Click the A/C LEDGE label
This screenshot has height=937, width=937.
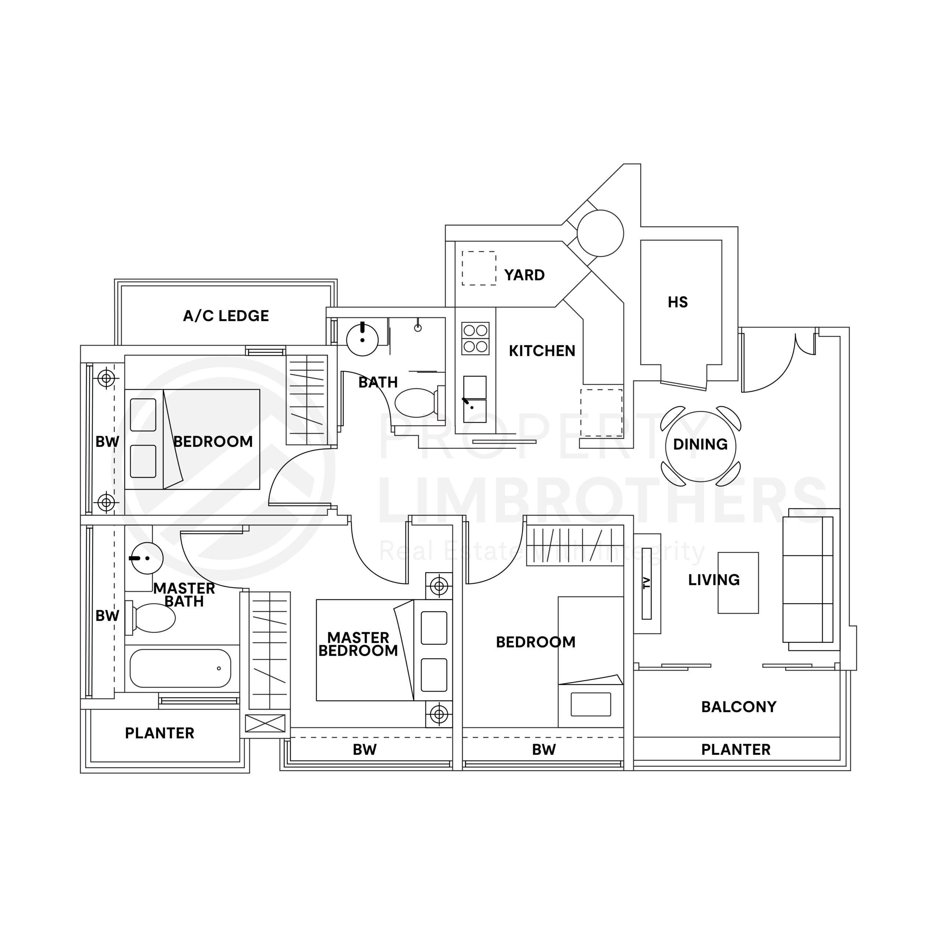pos(225,316)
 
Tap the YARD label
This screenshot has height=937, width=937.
pos(524,275)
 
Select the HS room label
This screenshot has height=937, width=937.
pos(677,302)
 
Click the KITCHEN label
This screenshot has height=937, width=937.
pos(542,351)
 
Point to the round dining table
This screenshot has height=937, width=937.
pos(700,445)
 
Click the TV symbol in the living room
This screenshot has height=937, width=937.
pos(646,583)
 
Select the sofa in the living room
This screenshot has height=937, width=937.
pos(809,579)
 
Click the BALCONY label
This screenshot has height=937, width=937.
pos(738,707)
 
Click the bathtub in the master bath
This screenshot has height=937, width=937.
pos(180,668)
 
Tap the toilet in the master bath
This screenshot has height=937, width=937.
pos(153,618)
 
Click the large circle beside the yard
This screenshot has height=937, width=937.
pos(600,233)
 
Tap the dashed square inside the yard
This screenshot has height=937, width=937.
pos(479,268)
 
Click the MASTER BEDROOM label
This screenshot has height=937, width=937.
pos(358,644)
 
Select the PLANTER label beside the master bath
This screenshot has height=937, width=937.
pos(160,733)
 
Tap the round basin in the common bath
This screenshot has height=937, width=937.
pos(362,340)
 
